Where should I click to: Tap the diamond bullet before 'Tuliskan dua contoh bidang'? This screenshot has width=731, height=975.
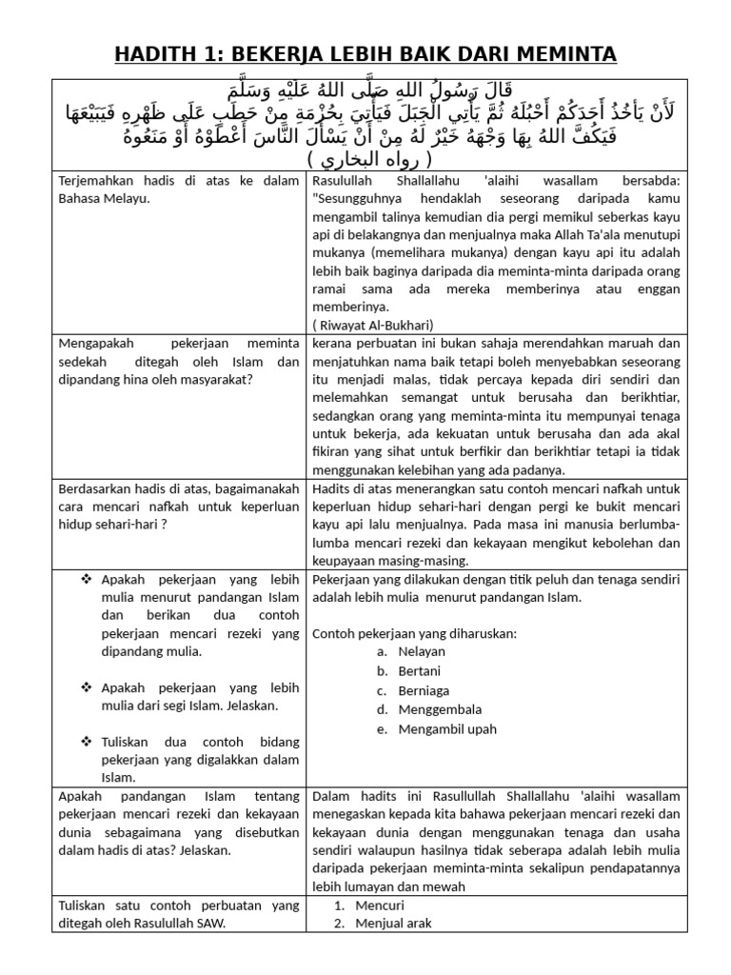tap(88, 742)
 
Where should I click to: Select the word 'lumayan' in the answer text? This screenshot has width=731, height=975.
tap(362, 885)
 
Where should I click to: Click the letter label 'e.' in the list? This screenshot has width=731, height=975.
tap(382, 729)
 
